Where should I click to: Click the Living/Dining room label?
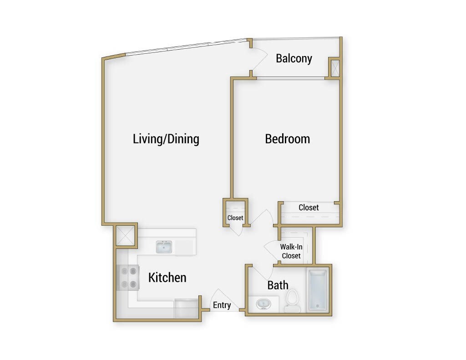[166, 139]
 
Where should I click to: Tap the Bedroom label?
[287, 138]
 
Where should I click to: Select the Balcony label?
[294, 58]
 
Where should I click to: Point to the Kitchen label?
[167, 277]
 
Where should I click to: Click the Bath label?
[278, 285]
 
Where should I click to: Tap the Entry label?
[222, 305]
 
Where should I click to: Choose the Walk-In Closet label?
[291, 251]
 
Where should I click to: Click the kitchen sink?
[164, 247]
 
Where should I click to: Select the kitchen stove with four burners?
[128, 278]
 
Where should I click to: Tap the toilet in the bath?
[292, 301]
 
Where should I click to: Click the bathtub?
[317, 290]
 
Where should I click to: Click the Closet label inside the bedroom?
[309, 208]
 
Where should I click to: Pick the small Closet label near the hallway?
[235, 218]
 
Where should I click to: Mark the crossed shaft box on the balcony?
[334, 69]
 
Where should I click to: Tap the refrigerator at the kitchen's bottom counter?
[186, 308]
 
